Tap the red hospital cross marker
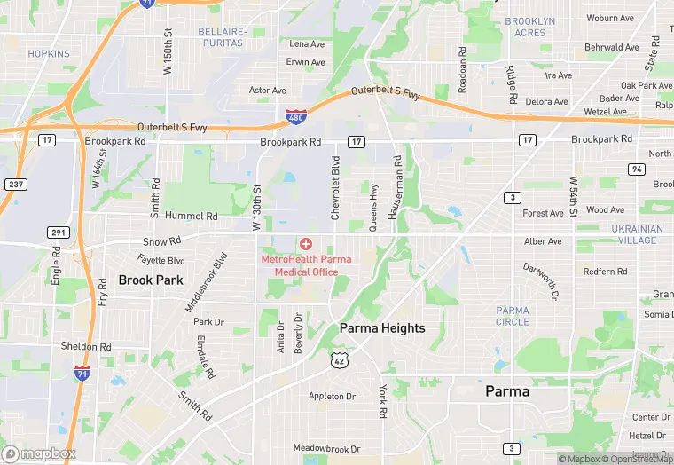(x=306, y=243)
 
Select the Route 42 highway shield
(x=339, y=359)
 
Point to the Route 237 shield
(x=13, y=184)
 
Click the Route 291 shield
(x=58, y=232)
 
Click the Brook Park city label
(x=151, y=280)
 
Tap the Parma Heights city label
(x=382, y=327)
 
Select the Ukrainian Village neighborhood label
(x=637, y=234)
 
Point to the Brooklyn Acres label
(x=530, y=27)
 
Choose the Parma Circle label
(x=513, y=316)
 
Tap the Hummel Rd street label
(x=184, y=216)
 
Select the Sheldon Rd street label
(x=86, y=346)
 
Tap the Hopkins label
(x=48, y=54)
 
